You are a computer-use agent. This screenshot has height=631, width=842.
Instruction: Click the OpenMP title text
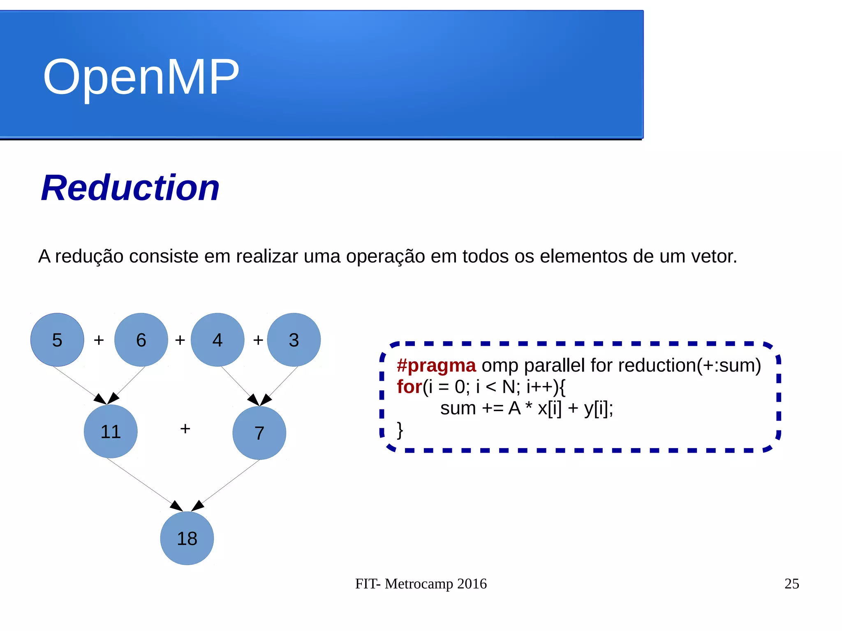tap(141, 77)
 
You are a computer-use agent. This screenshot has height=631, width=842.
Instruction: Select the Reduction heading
tap(130, 188)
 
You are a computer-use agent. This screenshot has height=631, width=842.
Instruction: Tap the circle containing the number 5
tap(57, 340)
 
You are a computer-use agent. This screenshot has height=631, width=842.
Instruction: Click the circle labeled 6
tap(141, 340)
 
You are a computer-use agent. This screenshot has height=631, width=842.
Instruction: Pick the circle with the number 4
tap(217, 340)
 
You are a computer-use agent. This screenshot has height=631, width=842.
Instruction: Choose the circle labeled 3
tap(294, 340)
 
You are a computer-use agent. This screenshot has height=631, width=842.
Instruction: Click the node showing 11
tap(111, 432)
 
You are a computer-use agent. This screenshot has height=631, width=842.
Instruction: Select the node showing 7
tap(259, 433)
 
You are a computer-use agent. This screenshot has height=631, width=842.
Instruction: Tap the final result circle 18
tap(187, 539)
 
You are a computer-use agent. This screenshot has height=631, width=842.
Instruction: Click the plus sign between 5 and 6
tap(99, 340)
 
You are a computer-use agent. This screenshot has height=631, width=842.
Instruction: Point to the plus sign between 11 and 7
tap(185, 429)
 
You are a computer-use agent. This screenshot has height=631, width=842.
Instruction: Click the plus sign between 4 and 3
tap(258, 340)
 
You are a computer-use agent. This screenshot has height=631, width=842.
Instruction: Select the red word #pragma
tap(436, 365)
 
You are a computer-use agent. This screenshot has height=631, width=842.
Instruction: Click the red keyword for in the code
tap(409, 387)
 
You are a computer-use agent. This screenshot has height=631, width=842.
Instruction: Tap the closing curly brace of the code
tap(400, 430)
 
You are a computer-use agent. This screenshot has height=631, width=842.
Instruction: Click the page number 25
tap(791, 584)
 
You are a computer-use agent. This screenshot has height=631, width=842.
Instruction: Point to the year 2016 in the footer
tap(472, 584)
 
